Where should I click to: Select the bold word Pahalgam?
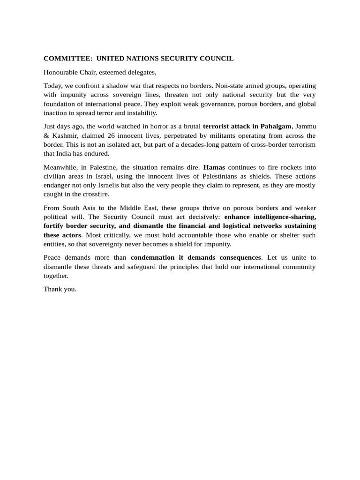[x=275, y=127]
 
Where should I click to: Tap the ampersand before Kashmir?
[x=46, y=135]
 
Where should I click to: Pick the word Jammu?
[x=306, y=127]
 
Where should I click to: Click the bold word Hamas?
[x=214, y=167]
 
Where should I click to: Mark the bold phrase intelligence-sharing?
[x=284, y=217]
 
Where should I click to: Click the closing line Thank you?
[x=60, y=289]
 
